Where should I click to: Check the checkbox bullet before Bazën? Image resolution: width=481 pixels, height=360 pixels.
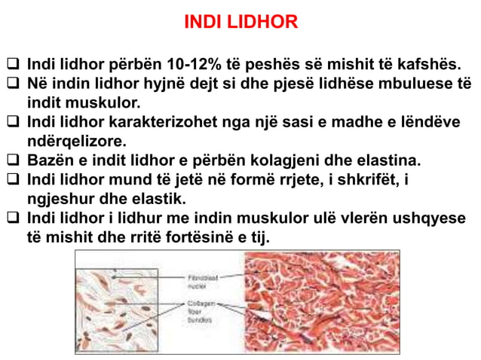coord(12,161)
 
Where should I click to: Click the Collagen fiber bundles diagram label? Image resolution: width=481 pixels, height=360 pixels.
coord(201,309)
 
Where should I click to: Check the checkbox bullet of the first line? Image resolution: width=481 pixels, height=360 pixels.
coord(12,64)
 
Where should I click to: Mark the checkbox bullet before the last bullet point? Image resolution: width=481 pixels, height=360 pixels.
coord(12,220)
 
